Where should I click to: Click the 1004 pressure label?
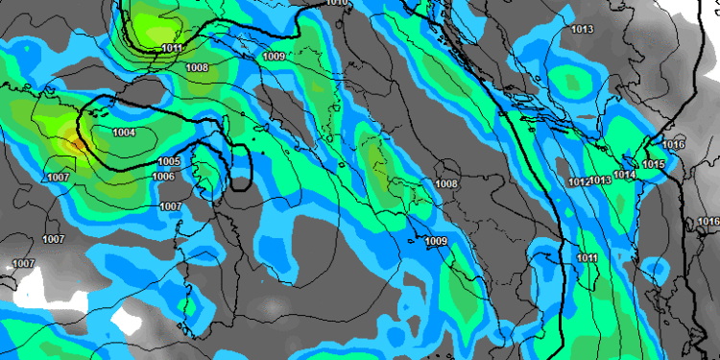click(124, 132)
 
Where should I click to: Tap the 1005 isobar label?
click(169, 161)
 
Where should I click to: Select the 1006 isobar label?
click(163, 177)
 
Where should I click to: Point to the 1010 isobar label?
click(337, 3)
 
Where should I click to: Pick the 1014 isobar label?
click(625, 175)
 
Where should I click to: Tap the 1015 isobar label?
click(655, 165)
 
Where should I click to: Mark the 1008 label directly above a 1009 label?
click(446, 183)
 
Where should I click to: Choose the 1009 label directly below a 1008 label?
click(436, 241)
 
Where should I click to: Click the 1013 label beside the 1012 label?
click(601, 180)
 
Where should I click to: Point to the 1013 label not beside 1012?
click(582, 30)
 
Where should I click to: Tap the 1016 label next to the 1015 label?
click(674, 144)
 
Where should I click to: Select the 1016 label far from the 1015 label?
click(708, 222)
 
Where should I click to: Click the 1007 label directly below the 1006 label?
click(171, 206)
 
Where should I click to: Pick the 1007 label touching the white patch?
click(23, 263)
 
